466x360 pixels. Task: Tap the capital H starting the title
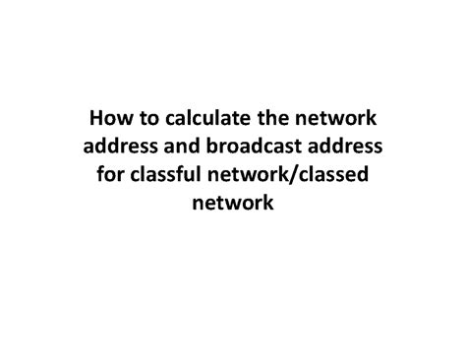point(96,122)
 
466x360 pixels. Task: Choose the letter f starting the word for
point(99,175)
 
